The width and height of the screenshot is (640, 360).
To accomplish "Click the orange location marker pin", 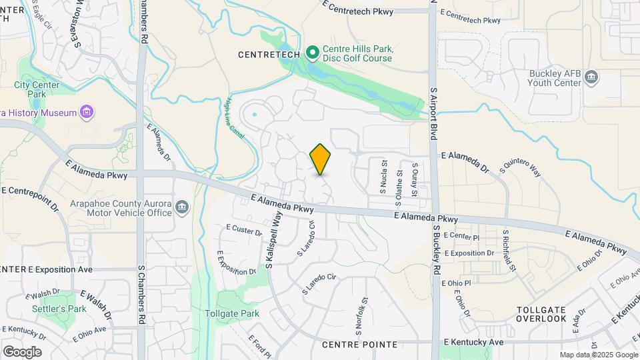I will [x=321, y=159].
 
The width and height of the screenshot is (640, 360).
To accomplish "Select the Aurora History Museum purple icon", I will [x=86, y=112].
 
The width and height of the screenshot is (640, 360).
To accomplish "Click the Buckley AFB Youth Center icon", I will [x=591, y=79].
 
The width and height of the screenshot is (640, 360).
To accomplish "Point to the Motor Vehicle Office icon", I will [x=181, y=208].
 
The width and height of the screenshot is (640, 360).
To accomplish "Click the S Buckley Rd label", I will [x=437, y=250].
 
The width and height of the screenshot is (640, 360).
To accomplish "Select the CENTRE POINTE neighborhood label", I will [x=359, y=345].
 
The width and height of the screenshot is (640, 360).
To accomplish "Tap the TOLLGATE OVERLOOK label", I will [x=541, y=315].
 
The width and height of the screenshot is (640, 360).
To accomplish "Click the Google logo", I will [x=22, y=351].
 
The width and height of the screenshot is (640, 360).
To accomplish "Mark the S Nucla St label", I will [x=384, y=177].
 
